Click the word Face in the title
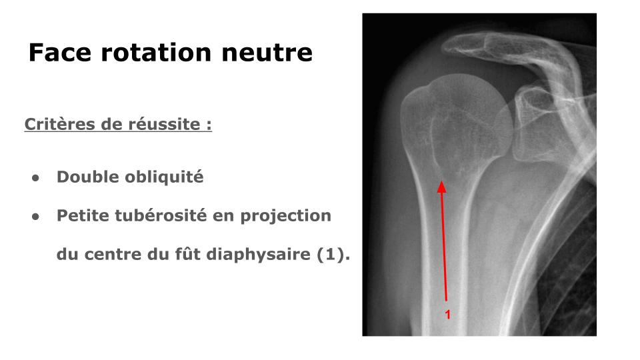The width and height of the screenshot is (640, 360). [x=60, y=52]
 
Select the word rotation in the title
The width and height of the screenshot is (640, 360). [x=156, y=52]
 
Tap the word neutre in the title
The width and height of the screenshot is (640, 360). [x=267, y=53]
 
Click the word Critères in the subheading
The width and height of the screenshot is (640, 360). [x=60, y=124]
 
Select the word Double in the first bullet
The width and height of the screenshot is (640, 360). [x=88, y=177]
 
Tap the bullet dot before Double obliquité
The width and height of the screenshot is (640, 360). [x=35, y=178]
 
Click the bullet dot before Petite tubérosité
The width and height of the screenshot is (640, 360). [x=35, y=217]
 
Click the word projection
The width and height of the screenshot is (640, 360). [x=286, y=216]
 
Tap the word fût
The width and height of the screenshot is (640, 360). [x=187, y=253]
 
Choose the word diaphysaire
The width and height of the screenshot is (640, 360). [x=259, y=255]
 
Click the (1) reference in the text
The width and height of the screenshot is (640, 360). [x=333, y=255]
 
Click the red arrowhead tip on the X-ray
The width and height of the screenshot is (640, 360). [x=441, y=181]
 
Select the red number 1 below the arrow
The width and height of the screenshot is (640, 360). [x=448, y=315]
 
